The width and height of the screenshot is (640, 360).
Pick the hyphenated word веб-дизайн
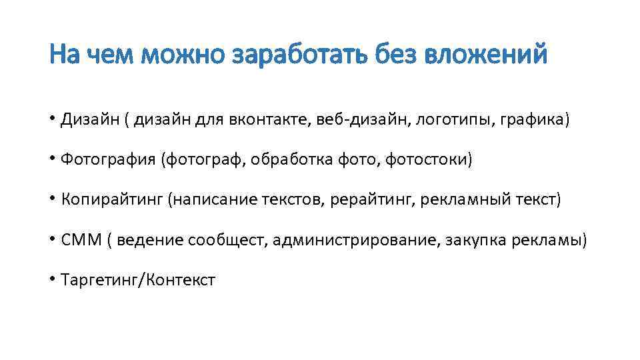click(354, 121)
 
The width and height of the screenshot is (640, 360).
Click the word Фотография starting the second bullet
click(107, 160)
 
